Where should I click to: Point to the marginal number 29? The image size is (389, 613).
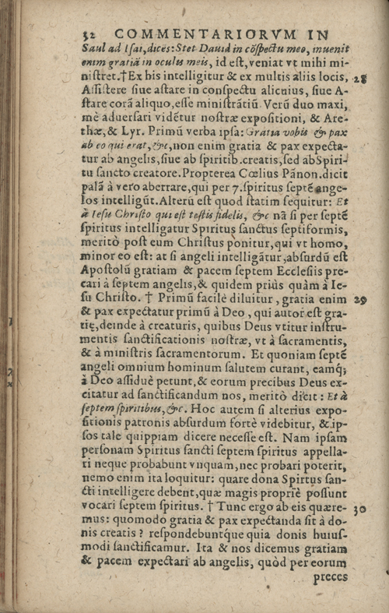click(x=360, y=298)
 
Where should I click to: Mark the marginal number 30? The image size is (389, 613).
click(x=359, y=509)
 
